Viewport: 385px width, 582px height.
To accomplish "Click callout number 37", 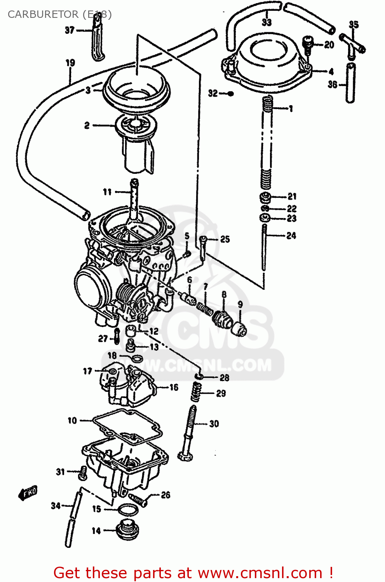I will pos(69,30).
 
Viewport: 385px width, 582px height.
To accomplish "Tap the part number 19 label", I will pos(70,63).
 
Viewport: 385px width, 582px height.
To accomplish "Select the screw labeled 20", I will pos(308,45).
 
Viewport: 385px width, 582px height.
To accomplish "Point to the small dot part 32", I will pos(230,94).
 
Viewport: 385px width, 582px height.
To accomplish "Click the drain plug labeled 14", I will pos(127,530).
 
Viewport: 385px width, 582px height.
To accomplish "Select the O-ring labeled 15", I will pos(127,510).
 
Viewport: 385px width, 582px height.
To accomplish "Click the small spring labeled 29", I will pos(196,391).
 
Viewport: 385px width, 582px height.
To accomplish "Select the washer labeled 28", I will pos(199,376).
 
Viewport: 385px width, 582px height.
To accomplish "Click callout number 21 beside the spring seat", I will pos(292,196).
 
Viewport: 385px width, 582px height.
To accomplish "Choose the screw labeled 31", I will pos(82,473).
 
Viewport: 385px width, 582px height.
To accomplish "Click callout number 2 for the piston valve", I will pos(87,125).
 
